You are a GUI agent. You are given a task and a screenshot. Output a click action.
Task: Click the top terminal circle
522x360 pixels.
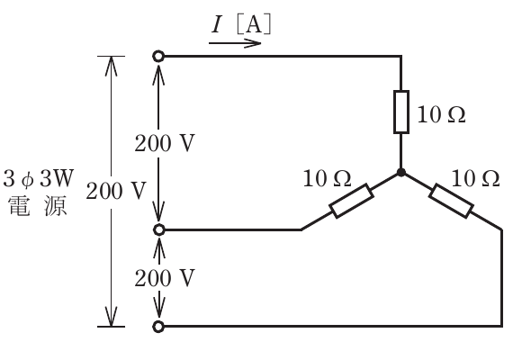point(158,57)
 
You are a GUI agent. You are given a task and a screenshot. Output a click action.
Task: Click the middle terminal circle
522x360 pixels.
point(158,229)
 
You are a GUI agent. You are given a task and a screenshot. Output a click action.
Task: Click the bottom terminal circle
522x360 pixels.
point(158,327)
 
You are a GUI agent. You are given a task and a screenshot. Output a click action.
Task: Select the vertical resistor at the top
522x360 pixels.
point(401,112)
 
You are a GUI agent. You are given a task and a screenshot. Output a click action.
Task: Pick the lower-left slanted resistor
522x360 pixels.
point(351,201)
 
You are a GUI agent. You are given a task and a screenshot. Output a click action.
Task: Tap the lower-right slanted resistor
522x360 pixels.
point(451,201)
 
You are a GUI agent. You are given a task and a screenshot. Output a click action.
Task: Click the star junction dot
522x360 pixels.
point(401,173)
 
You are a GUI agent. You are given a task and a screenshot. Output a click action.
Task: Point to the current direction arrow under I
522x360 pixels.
point(235,43)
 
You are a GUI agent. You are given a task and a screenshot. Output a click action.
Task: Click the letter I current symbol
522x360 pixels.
point(217,24)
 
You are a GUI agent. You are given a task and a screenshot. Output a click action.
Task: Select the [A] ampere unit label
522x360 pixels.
point(254,24)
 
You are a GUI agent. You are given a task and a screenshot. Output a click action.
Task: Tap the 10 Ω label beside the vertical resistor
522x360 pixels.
point(441,114)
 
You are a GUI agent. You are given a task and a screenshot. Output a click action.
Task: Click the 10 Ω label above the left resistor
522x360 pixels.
point(327,178)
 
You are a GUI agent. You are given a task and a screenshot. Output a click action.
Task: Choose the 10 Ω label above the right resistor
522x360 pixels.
point(475,178)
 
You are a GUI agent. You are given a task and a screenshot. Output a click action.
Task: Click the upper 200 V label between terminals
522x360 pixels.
point(165,143)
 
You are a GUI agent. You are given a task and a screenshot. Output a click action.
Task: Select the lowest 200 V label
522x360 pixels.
point(165,278)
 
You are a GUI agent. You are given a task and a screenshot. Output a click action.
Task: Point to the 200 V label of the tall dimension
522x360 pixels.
point(116,191)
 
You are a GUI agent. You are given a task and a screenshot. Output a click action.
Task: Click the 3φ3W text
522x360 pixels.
point(39,178)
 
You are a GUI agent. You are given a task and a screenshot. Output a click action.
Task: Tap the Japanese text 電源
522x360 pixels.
point(38,206)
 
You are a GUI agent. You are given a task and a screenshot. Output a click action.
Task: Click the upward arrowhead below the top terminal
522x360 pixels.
point(158,74)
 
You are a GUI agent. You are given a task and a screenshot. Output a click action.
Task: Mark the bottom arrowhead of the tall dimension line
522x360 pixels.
point(111,317)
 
